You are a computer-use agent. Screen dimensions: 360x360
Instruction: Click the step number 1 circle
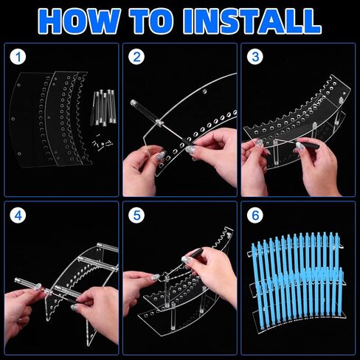18,57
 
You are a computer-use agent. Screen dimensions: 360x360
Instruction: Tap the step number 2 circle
136,57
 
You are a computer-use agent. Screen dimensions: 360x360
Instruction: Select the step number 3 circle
255,57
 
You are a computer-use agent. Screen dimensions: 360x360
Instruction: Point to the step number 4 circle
18,215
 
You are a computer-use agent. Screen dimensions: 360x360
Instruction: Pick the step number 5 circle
136,215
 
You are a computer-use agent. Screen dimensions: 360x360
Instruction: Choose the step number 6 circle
255,215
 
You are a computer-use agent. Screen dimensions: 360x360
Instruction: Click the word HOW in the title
80,21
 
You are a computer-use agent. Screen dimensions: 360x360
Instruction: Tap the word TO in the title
156,21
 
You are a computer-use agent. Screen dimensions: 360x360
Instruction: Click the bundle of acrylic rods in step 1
103,108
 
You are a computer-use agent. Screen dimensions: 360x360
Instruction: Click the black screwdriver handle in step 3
309,145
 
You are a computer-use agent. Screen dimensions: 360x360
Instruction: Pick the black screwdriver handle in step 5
196,253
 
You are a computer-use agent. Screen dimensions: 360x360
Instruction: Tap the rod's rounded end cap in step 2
134,103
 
